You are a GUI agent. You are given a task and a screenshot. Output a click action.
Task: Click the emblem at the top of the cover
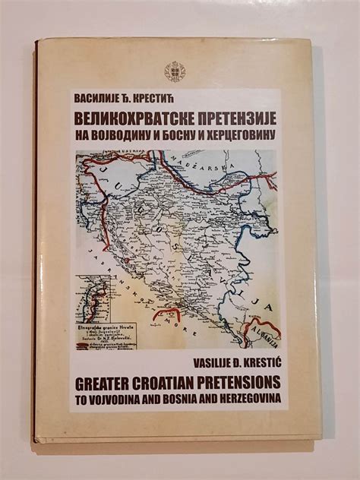pos(175,72)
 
